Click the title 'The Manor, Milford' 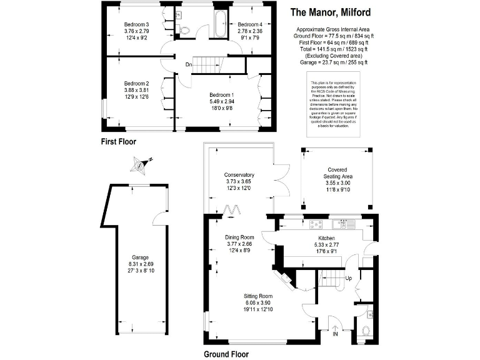331,12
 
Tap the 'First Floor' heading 119,142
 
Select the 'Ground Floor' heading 226,354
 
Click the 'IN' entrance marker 335,334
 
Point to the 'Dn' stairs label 188,64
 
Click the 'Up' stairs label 349,277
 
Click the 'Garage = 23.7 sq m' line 331,62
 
